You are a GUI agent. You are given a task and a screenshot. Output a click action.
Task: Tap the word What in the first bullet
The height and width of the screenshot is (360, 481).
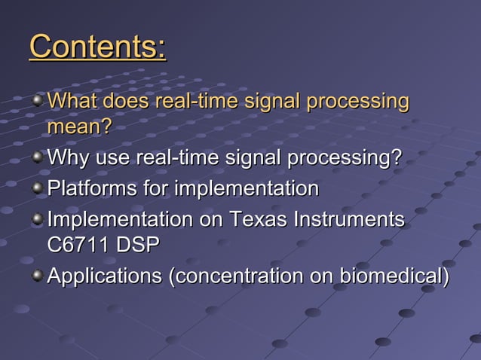coord(72,101)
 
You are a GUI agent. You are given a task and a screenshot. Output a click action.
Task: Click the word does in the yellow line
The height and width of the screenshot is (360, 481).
coord(126,101)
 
